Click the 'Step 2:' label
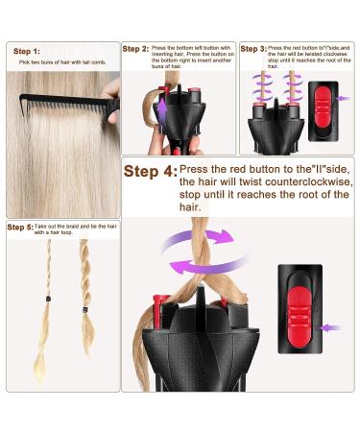(136, 48)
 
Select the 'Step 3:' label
(252, 48)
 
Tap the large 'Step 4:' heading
(151, 172)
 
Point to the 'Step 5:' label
(21, 227)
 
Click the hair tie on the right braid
(84, 309)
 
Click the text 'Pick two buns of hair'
(52, 62)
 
